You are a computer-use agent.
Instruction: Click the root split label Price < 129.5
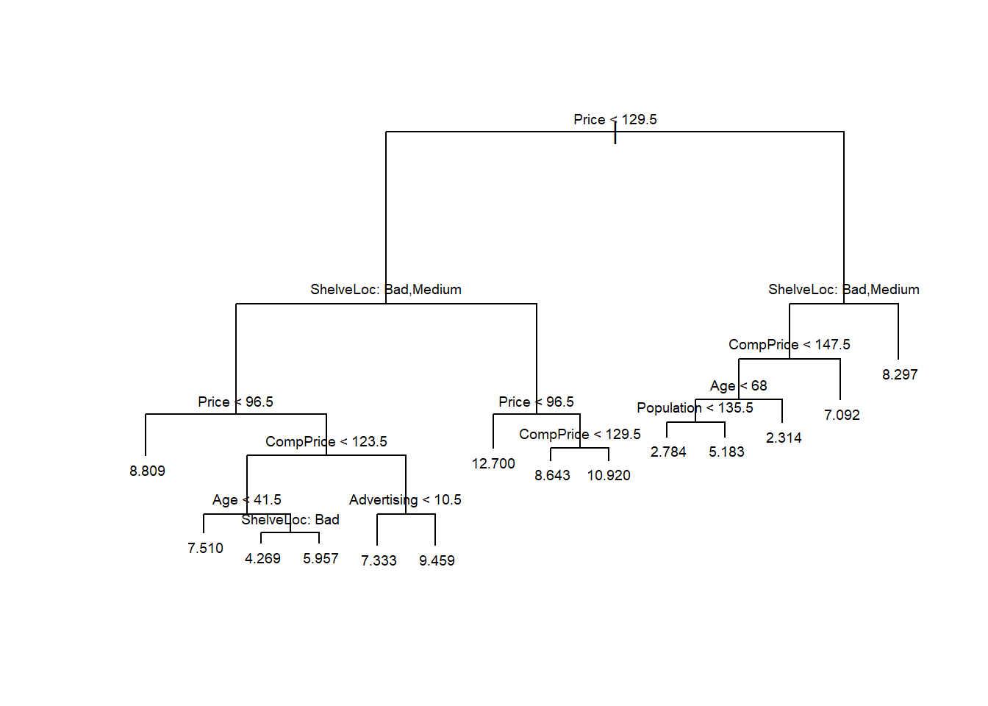615,119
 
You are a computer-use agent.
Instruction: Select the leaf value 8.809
147,471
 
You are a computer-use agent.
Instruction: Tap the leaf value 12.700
493,463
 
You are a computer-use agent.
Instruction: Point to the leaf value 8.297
900,374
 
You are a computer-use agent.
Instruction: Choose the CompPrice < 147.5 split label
789,344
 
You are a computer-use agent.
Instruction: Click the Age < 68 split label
738,385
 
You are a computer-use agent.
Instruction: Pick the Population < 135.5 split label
695,407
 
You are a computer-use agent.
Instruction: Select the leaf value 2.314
784,438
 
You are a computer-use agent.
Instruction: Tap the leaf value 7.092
842,415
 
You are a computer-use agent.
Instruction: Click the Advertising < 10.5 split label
405,499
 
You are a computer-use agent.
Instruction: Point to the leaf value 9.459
437,560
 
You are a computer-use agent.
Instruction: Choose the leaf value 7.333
379,560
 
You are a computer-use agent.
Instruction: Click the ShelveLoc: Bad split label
290,519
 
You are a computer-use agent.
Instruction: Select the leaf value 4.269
262,558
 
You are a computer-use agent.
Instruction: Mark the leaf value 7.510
205,548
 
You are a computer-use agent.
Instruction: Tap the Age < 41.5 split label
246,499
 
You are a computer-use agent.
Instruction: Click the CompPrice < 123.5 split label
326,441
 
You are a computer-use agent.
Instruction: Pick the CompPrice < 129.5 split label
579,434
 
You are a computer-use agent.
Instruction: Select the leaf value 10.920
609,475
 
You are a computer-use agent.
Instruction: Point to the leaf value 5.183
726,452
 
